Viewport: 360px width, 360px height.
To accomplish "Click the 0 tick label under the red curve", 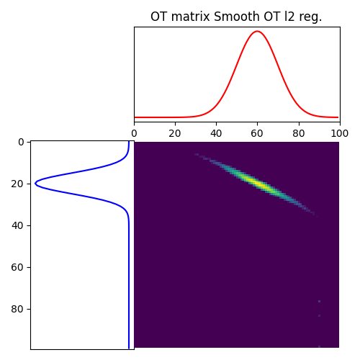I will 134,133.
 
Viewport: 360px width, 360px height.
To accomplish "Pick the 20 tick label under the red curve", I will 175,133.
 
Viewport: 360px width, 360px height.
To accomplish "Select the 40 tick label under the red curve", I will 216,133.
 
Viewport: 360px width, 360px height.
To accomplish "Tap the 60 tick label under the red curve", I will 257,133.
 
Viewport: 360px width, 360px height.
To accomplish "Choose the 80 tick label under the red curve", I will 298,133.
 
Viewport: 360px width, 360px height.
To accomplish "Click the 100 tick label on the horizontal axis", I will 339,133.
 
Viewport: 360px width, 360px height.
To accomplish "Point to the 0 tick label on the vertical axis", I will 21,142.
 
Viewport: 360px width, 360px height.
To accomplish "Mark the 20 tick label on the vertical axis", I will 19,184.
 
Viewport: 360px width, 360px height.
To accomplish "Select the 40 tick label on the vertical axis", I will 19,225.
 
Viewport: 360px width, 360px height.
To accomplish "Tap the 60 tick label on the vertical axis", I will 19,267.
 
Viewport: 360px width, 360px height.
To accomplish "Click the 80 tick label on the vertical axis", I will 19,309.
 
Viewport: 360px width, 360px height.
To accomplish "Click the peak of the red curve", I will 257,31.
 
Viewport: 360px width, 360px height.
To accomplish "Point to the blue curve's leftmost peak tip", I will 35,184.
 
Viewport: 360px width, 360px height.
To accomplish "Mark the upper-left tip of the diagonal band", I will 196,154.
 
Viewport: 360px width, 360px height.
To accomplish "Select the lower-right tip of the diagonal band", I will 313,214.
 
